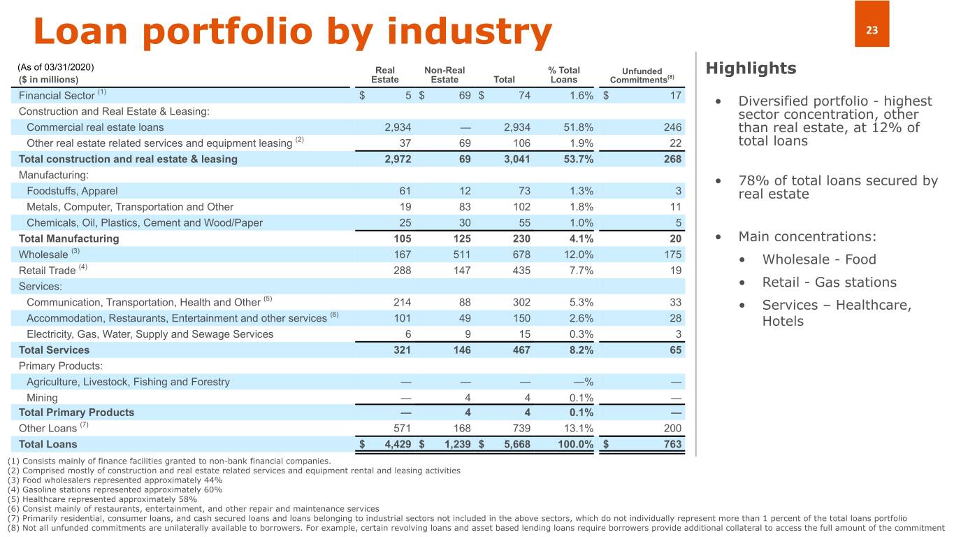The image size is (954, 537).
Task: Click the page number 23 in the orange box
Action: coord(871,30)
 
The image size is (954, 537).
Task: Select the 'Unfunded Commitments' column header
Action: coord(642,75)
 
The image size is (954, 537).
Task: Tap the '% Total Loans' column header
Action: coord(564,75)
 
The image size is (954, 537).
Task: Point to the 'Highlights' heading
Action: coord(751,69)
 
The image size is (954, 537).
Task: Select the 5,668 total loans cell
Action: coord(516,444)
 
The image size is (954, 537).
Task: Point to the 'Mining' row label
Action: coord(42,397)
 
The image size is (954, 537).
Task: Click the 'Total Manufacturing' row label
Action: coord(68,238)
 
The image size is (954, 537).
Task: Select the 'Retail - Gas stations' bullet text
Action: coord(829,282)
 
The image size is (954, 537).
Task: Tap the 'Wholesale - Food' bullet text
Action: coord(819,259)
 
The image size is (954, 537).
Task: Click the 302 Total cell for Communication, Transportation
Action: coord(520,302)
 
